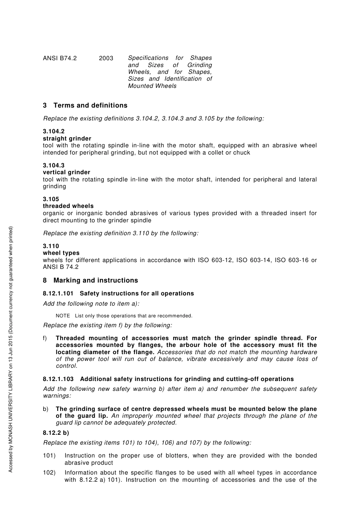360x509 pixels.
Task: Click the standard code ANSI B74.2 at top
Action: (59, 58)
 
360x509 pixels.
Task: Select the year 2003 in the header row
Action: (106, 58)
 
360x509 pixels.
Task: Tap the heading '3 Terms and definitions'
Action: (85, 106)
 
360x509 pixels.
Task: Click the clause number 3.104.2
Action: (53, 131)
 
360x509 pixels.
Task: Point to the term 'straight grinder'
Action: (67, 139)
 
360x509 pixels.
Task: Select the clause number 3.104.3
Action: (53, 166)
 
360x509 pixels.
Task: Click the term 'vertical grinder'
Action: (66, 172)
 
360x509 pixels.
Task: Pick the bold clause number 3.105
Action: (51, 199)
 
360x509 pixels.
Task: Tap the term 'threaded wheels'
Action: (68, 206)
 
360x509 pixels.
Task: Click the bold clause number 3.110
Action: (51, 246)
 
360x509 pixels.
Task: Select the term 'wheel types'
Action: (61, 253)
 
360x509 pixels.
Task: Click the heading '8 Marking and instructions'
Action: (91, 281)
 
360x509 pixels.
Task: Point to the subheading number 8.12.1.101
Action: (58, 294)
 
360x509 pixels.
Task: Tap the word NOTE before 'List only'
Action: (63, 316)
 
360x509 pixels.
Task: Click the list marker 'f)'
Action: (45, 338)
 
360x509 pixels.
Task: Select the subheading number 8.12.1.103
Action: (58, 379)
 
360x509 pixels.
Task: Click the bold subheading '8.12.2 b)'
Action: (56, 432)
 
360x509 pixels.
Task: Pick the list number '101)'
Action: (49, 456)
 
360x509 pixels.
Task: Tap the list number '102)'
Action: (49, 473)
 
